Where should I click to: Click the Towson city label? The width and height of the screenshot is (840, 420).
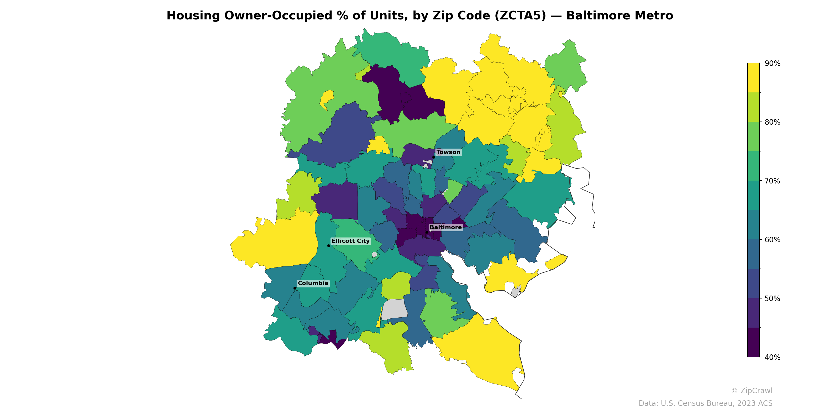point(448,152)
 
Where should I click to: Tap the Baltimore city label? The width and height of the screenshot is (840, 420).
point(445,227)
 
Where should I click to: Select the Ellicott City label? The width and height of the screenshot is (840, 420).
point(350,241)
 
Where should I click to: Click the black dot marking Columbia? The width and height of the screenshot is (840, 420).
point(295,288)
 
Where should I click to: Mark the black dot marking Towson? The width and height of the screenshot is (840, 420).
point(434,157)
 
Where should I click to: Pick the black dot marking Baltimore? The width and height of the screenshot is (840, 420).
point(427,232)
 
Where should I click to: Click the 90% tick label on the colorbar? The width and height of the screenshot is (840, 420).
point(772,64)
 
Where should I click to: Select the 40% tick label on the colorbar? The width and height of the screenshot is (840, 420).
point(772,357)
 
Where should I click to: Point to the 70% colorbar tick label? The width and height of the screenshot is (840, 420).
point(772,181)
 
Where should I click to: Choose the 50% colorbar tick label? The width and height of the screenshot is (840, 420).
point(772,298)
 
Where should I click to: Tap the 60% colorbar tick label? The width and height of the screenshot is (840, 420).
point(772,240)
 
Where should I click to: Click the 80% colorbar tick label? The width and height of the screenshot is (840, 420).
point(772,122)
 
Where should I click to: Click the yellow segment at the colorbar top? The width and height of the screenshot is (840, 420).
point(753,78)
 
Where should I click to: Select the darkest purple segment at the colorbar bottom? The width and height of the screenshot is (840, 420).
point(753,342)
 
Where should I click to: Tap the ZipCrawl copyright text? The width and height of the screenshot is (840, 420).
point(751,391)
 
